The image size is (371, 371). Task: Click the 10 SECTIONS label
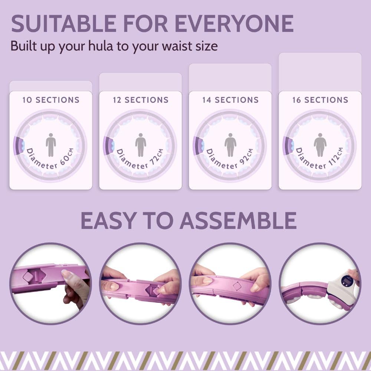tap(51, 100)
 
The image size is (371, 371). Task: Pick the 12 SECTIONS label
tap(141, 100)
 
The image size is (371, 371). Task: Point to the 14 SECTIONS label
tap(230, 100)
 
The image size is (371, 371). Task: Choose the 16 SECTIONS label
tap(320, 100)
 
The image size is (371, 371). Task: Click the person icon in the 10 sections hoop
tap(51, 144)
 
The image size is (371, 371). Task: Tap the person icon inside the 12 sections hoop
tap(141, 144)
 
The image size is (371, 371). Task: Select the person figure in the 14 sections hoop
tap(230, 144)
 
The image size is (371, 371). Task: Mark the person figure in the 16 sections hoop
tap(320, 144)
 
